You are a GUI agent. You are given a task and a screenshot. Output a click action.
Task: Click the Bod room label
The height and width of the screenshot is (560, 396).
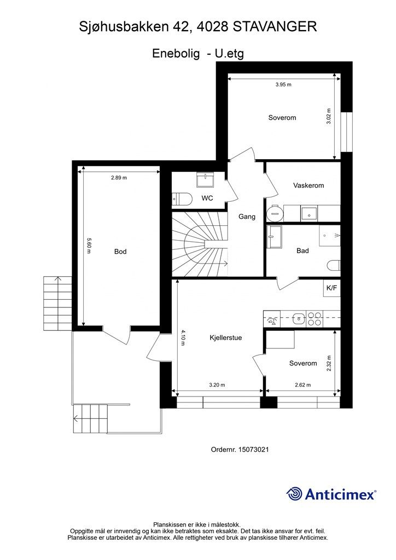point(120,252)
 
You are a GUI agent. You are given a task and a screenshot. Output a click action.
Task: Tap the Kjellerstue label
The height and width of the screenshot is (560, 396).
point(226,337)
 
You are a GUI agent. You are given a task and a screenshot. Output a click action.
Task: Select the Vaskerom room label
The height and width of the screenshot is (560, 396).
point(308,185)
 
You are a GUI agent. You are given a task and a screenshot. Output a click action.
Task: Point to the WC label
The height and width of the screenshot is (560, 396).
point(207,198)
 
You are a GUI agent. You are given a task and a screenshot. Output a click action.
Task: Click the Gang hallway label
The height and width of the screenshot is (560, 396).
point(247,217)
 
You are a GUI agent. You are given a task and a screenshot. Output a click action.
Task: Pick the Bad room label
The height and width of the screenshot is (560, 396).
point(302,250)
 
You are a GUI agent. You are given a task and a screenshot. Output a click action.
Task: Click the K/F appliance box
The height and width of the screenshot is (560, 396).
point(331,288)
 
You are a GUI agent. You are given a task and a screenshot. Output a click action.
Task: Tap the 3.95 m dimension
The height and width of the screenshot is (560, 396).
point(283,85)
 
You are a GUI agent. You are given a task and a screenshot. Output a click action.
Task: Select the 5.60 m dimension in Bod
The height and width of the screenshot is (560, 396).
point(89,246)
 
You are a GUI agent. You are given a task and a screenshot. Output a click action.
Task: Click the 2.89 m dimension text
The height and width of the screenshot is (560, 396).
point(119,178)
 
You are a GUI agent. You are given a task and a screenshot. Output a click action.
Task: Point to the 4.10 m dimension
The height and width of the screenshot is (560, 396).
point(183,338)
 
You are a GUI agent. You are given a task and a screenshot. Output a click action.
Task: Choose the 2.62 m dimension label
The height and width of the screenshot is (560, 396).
point(303,385)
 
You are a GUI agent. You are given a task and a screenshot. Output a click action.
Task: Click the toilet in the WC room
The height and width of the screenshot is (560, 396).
point(182,199)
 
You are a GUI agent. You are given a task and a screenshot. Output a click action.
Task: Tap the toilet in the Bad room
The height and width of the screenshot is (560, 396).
point(334,266)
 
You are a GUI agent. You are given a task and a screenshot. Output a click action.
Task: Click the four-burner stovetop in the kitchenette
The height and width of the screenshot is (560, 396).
point(315,319)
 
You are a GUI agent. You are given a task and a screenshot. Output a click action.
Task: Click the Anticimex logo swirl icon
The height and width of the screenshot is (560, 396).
point(294,494)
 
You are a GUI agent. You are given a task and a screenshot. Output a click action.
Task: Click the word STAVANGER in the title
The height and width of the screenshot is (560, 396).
point(275,27)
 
